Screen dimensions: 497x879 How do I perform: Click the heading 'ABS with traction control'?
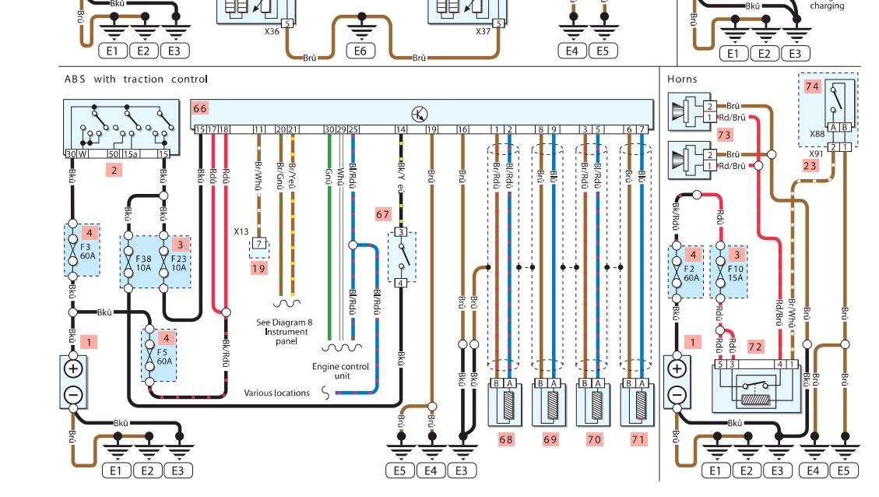coord(136,79)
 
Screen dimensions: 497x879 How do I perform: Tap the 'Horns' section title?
coord(682,79)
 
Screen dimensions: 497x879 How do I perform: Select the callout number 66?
coord(200,109)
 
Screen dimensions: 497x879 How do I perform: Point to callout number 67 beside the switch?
coord(382,214)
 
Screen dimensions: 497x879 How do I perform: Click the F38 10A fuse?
coord(143,262)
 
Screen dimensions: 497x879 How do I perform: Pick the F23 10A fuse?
coord(179,262)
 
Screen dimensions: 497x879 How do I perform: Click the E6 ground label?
coord(360,51)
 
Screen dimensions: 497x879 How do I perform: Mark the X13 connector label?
coord(241,231)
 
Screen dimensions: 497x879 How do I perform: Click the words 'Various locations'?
coord(276,393)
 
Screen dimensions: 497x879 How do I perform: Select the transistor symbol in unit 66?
coord(420,115)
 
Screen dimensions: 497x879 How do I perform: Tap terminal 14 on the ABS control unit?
coord(400,129)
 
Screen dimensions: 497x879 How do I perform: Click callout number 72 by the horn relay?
coord(754,346)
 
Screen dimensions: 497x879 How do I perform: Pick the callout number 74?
coord(812,87)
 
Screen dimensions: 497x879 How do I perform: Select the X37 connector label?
coord(483,33)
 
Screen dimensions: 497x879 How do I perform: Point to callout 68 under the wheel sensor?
coord(506,439)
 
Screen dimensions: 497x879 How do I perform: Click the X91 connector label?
coord(810,153)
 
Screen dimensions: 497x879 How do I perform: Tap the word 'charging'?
coord(827,6)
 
